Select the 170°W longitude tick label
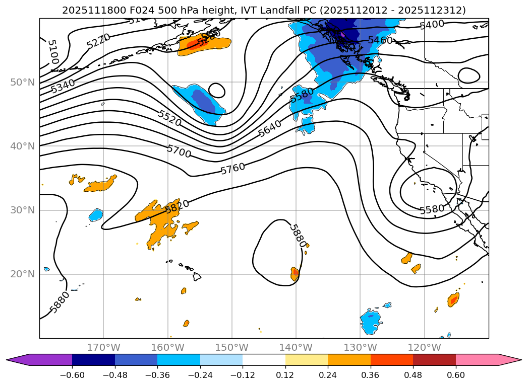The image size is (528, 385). click(103, 347)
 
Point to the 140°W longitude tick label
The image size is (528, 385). click(296, 347)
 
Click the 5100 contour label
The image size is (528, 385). click(52, 52)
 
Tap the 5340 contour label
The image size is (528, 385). click(63, 86)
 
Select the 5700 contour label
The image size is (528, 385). click(179, 151)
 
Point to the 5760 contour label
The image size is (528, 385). click(232, 169)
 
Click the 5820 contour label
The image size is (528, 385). click(177, 206)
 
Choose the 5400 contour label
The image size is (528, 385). click(432, 24)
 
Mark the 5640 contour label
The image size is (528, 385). click(269, 129)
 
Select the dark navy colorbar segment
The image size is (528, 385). click(93, 359)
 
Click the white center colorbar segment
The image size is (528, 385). click(264, 359)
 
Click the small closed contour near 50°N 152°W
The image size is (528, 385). click(217, 90)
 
